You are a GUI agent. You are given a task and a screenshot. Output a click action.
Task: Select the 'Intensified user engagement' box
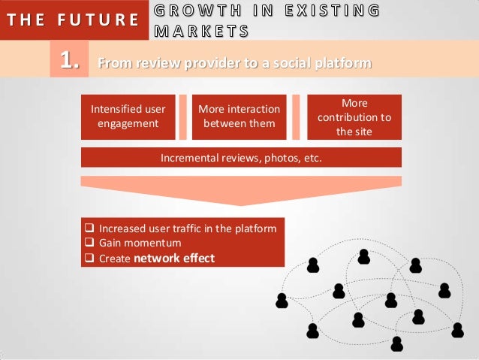point(128,116)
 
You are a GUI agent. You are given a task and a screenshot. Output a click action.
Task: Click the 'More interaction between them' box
point(239,116)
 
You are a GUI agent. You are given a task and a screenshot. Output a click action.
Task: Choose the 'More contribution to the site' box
point(354,116)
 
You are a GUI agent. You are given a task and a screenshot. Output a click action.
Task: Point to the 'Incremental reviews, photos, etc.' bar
point(241,158)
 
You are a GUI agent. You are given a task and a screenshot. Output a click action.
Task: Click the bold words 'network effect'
point(174,258)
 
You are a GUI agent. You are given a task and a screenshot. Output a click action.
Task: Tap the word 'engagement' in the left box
point(128,123)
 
